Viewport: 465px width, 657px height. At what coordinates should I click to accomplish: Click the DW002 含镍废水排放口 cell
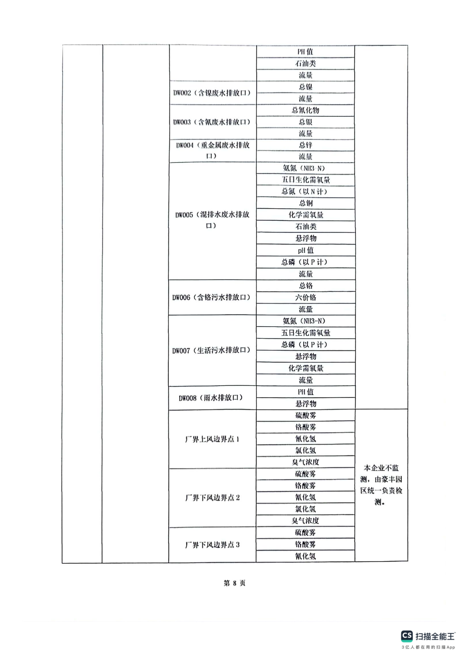click(x=212, y=93)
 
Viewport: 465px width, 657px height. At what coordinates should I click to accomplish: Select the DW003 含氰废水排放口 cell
click(x=212, y=122)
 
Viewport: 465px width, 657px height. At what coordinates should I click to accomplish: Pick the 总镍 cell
click(x=305, y=87)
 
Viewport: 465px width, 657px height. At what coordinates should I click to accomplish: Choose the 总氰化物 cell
click(x=305, y=110)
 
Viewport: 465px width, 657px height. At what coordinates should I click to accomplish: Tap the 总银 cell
click(x=305, y=122)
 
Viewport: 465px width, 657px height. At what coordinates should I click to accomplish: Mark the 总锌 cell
click(x=305, y=145)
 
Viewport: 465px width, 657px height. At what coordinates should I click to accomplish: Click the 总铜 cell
click(x=306, y=203)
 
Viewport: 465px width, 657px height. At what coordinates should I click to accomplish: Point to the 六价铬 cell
click(x=306, y=297)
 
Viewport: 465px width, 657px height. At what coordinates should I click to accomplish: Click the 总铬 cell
click(x=306, y=286)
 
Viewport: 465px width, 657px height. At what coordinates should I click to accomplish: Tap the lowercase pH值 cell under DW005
click(x=306, y=250)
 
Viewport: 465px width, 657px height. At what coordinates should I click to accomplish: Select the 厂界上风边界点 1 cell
click(x=212, y=439)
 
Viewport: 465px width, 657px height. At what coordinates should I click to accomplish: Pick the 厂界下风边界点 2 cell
click(x=212, y=498)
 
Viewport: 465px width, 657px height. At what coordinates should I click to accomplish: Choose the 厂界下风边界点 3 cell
click(x=212, y=545)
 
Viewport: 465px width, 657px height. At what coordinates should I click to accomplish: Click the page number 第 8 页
click(x=234, y=583)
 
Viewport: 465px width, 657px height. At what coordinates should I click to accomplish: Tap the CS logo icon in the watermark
click(x=407, y=636)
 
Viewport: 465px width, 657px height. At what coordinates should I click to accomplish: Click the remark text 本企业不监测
click(x=381, y=469)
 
